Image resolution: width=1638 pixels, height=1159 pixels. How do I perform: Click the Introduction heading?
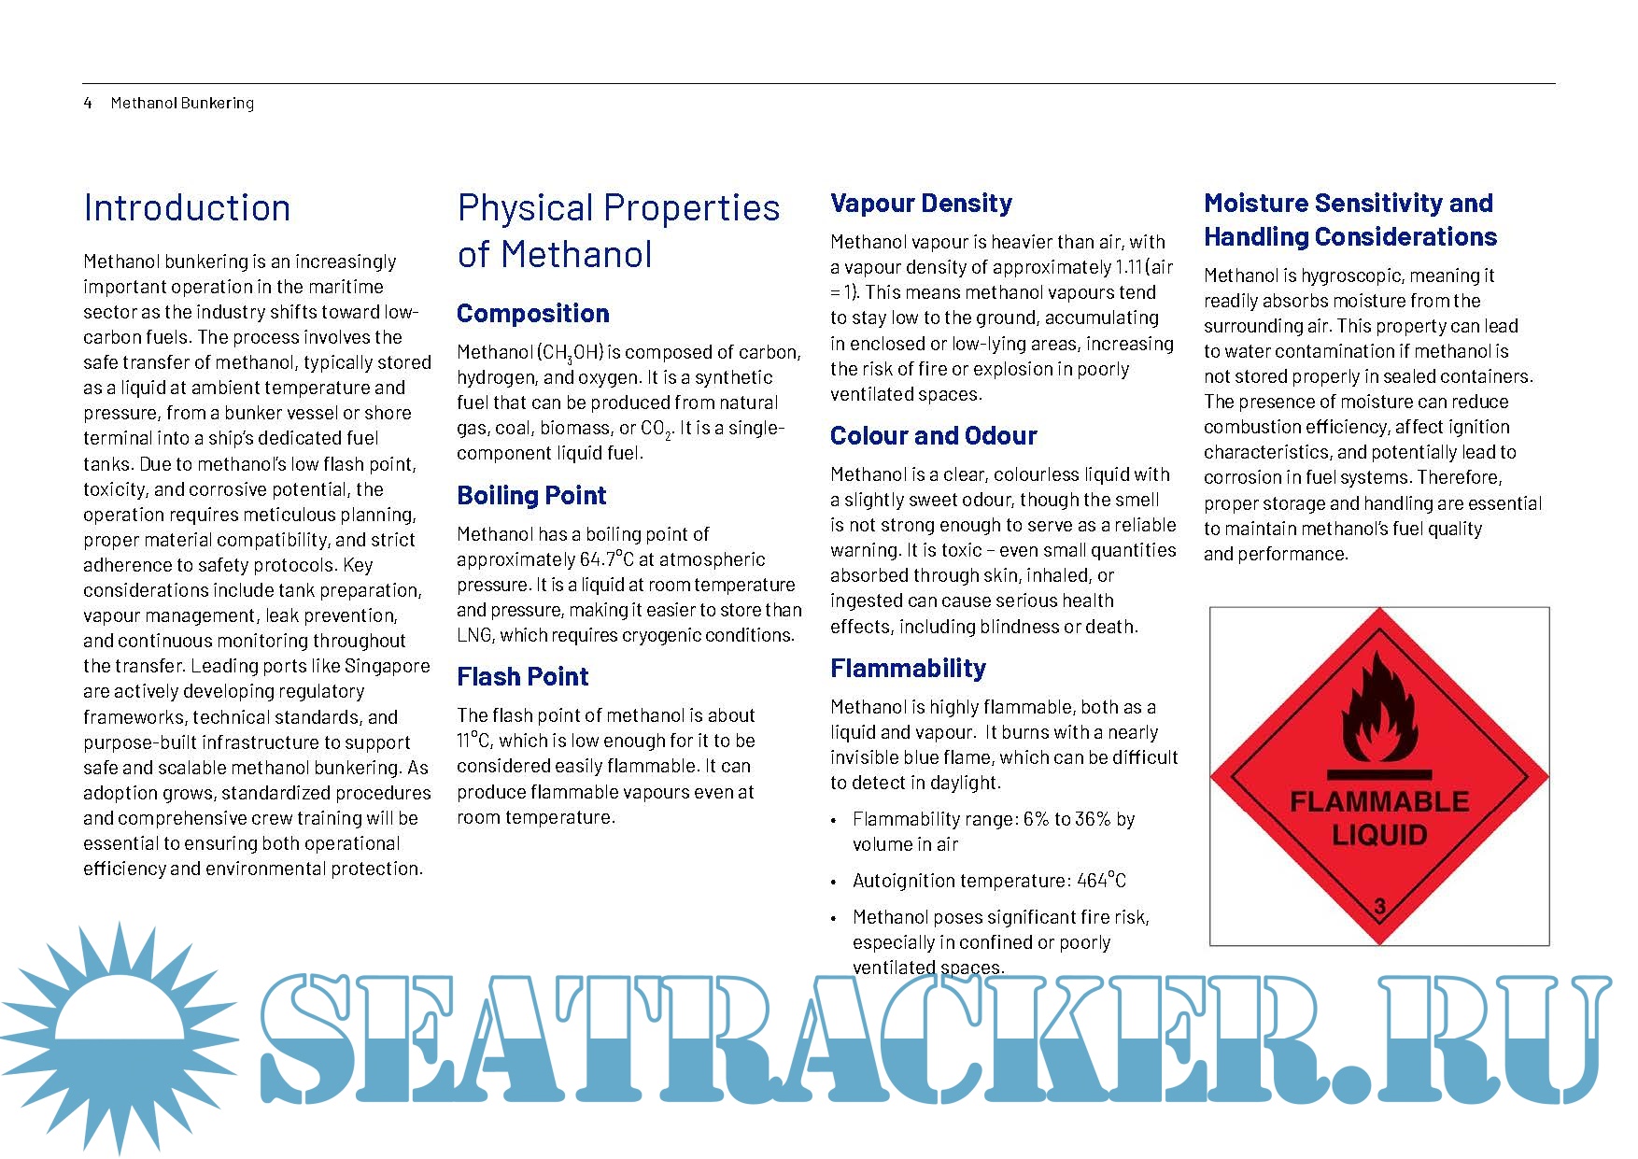pos(187,208)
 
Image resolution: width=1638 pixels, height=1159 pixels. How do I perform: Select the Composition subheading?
pos(532,314)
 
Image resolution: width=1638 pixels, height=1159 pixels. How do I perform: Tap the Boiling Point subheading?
pos(531,496)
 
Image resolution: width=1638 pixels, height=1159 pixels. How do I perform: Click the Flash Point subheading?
pos(522,677)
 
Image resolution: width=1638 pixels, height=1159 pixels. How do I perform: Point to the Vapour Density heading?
pos(921,204)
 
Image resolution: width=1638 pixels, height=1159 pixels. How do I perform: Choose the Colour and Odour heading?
pos(933,436)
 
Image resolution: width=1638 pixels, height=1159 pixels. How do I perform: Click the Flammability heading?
pos(908,669)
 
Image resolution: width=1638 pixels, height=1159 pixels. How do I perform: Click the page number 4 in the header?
pos(88,103)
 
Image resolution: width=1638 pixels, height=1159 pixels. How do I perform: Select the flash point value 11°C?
pos(473,741)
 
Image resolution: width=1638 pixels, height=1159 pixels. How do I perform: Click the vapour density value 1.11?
pos(1128,267)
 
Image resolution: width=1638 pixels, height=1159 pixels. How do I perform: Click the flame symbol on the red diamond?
pos(1378,707)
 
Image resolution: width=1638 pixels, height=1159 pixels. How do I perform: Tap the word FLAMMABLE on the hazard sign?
pos(1379,801)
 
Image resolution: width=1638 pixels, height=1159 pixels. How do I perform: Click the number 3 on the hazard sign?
pos(1379,905)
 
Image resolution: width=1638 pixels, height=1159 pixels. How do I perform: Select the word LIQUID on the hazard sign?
pos(1379,834)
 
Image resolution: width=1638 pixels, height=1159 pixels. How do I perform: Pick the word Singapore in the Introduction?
pos(388,666)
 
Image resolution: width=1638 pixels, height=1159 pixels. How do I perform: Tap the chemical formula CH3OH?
pos(571,353)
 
